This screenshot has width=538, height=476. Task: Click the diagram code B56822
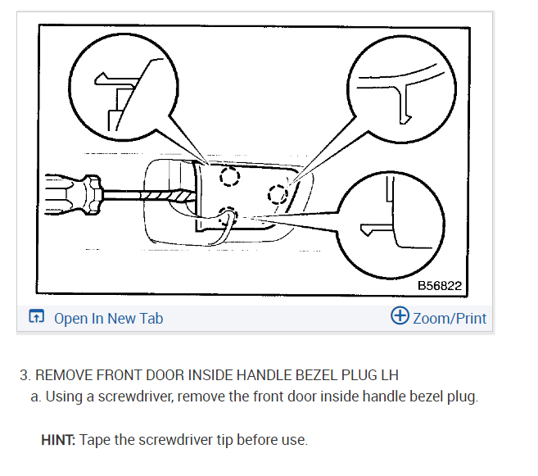(440, 286)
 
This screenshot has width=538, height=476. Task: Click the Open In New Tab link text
(108, 318)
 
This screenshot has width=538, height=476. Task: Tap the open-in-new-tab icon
(36, 317)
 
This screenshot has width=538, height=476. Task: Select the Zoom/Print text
(449, 318)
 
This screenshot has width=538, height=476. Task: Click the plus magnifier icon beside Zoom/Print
(400, 316)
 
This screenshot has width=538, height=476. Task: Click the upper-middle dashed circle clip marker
(228, 177)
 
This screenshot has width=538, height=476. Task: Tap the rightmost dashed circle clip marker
(278, 193)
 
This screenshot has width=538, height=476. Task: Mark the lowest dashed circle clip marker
(228, 215)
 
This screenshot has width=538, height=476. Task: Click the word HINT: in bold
(58, 440)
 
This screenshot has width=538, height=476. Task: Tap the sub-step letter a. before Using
(36, 397)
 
